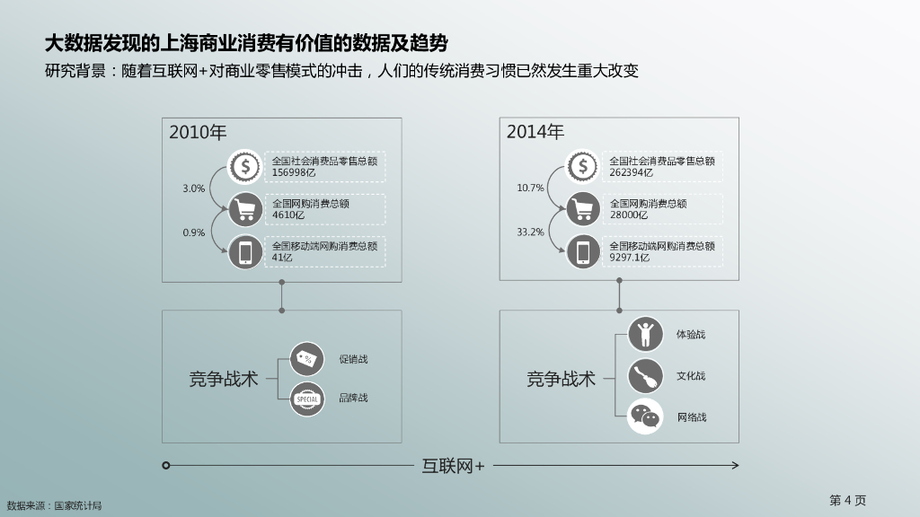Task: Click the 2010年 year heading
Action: tap(198, 133)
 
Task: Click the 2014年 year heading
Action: tap(535, 133)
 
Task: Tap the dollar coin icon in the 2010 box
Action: tap(244, 166)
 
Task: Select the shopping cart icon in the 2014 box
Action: tap(582, 209)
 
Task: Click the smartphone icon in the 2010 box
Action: tap(244, 251)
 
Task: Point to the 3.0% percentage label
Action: tap(194, 188)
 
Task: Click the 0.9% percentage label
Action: tap(194, 232)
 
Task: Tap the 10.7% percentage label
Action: tap(530, 188)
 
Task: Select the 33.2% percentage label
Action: tap(530, 232)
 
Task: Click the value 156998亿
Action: tap(294, 172)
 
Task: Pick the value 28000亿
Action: tap(629, 215)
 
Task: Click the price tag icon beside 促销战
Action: tap(307, 358)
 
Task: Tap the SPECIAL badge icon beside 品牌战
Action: tap(307, 399)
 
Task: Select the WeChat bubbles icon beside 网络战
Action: tap(645, 416)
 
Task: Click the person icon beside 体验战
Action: tap(645, 334)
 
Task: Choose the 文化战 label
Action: tap(691, 376)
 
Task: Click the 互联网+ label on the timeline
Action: tap(453, 466)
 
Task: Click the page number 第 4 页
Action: tap(847, 500)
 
